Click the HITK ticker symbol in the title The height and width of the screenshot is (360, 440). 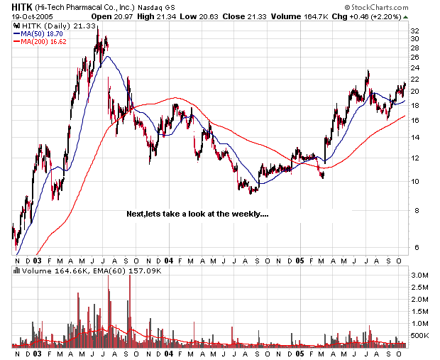tap(21, 7)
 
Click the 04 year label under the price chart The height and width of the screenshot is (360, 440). tap(168, 261)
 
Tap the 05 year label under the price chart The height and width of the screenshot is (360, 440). tap(300, 261)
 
